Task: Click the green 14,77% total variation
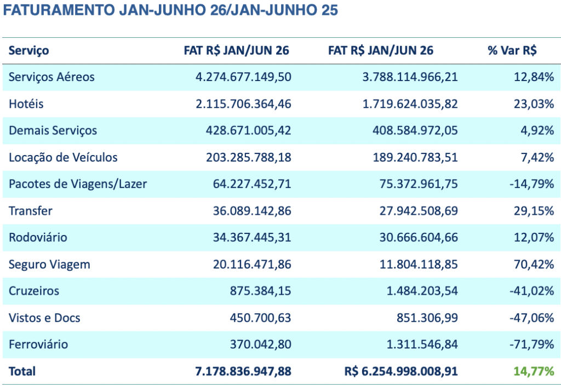pos(534,371)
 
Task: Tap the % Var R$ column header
pos(512,50)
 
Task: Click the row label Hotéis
pos(26,104)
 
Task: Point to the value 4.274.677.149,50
pos(243,77)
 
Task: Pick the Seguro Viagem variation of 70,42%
pos(534,265)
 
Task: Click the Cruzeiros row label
pos(34,291)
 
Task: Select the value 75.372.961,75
pos(419,184)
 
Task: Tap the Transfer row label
pos(31,211)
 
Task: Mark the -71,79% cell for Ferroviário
pos(532,345)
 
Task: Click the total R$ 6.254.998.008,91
pos(401,371)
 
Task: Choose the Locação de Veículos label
pos(63,157)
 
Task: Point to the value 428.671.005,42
pos(248,130)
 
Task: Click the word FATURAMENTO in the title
pos(59,10)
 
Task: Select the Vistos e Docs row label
pos(44,318)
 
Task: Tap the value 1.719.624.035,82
pos(410,104)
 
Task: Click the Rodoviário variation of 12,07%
pos(534,238)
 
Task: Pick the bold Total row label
pos(22,371)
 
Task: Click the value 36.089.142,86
pos(252,211)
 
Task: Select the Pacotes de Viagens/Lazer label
pos(78,184)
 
